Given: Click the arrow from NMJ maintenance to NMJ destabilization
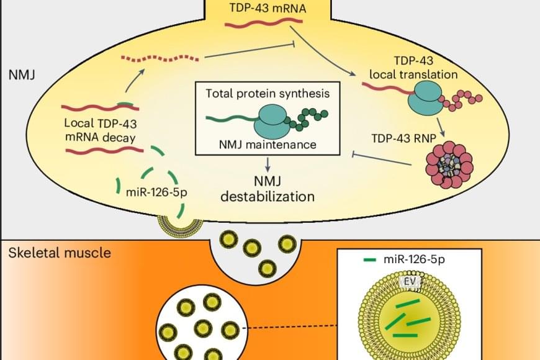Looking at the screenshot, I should [x=268, y=164].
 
